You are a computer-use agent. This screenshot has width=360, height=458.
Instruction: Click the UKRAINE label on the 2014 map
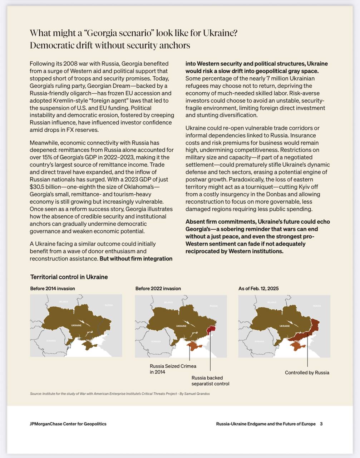(76, 325)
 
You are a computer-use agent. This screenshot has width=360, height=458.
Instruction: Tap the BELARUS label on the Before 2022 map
(168, 302)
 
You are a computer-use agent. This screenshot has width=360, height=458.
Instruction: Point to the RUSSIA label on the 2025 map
(317, 306)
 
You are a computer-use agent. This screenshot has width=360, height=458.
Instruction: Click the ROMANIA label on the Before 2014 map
(51, 341)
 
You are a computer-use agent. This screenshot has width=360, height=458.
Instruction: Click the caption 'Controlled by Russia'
(307, 372)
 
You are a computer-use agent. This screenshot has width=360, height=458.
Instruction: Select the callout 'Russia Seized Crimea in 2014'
(173, 369)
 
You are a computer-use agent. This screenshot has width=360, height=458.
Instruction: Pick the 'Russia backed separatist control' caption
(210, 381)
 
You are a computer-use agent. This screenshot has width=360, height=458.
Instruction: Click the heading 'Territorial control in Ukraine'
(69, 277)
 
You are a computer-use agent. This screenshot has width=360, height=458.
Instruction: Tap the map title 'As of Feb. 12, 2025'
(258, 288)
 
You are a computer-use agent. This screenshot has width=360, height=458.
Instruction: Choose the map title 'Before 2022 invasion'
(158, 288)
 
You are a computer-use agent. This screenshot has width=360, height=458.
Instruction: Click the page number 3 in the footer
(321, 424)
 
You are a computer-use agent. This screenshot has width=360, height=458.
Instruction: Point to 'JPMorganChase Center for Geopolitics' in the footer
(68, 424)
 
